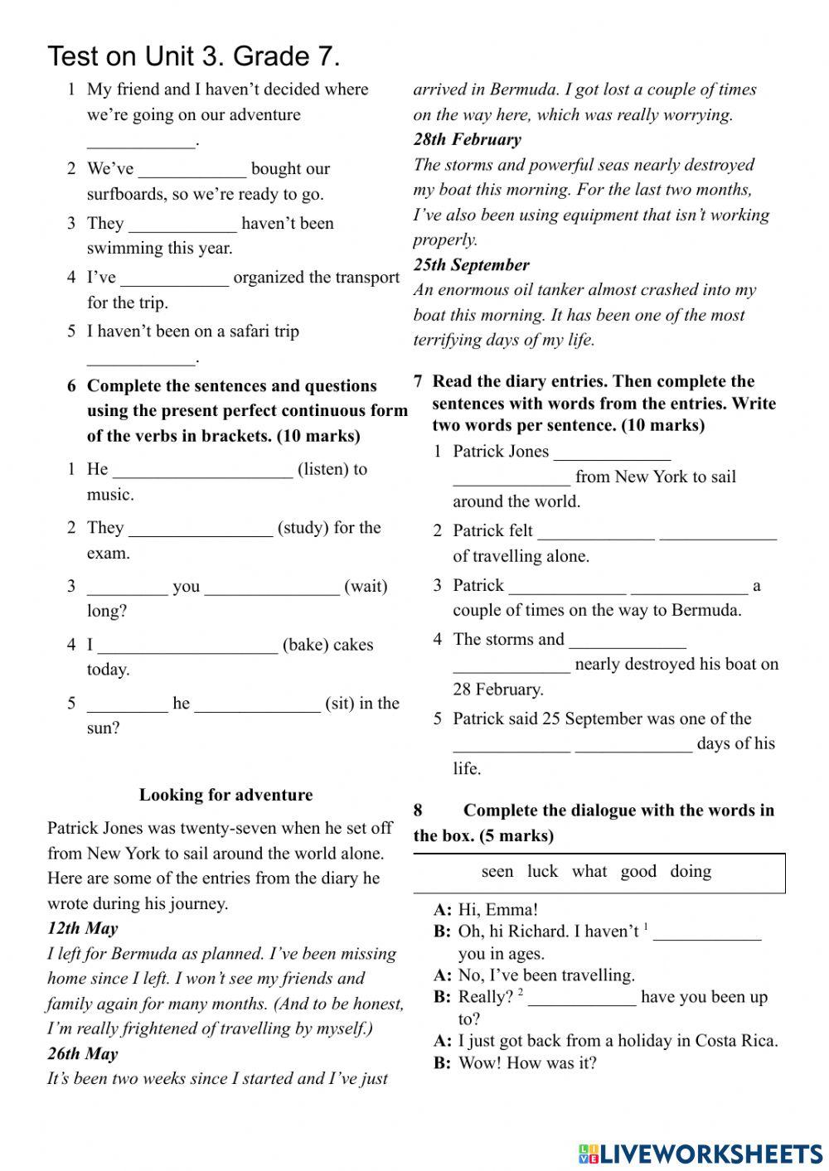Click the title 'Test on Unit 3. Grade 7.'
(x=194, y=56)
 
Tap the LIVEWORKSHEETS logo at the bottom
(x=701, y=1153)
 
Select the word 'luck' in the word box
(x=542, y=871)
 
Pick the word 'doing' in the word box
(x=691, y=871)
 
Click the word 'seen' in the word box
(x=497, y=871)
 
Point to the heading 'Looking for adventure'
(x=225, y=795)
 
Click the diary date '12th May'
(x=82, y=928)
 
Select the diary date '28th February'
(x=467, y=139)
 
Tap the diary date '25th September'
(x=471, y=265)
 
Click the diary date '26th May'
(x=82, y=1053)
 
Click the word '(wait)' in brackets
(x=366, y=587)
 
